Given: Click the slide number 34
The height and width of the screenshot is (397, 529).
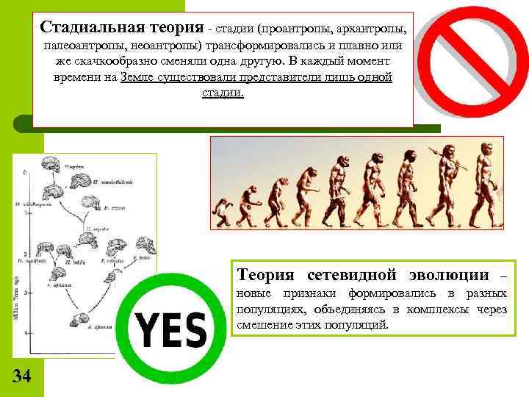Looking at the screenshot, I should [22, 376].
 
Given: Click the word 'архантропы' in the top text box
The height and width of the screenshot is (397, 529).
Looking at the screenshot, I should [365, 29].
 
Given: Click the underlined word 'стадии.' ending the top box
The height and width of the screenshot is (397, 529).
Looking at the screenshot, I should [222, 94].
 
